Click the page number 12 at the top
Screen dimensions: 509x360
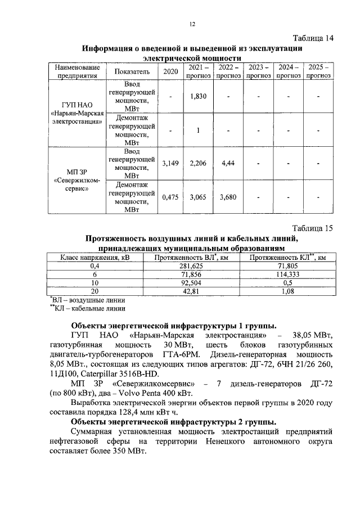[191, 24]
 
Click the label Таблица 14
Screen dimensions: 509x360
[313, 38]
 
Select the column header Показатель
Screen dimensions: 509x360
[132, 71]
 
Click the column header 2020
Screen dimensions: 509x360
[170, 71]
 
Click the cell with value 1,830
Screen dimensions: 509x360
[199, 96]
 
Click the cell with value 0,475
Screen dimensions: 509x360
[170, 197]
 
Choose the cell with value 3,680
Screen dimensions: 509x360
[228, 197]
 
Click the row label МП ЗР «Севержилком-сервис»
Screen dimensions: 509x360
[75, 180]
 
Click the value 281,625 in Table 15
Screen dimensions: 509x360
[191, 265]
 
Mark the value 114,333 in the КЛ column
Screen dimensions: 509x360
[287, 274]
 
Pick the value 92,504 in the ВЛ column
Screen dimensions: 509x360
[191, 282]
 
